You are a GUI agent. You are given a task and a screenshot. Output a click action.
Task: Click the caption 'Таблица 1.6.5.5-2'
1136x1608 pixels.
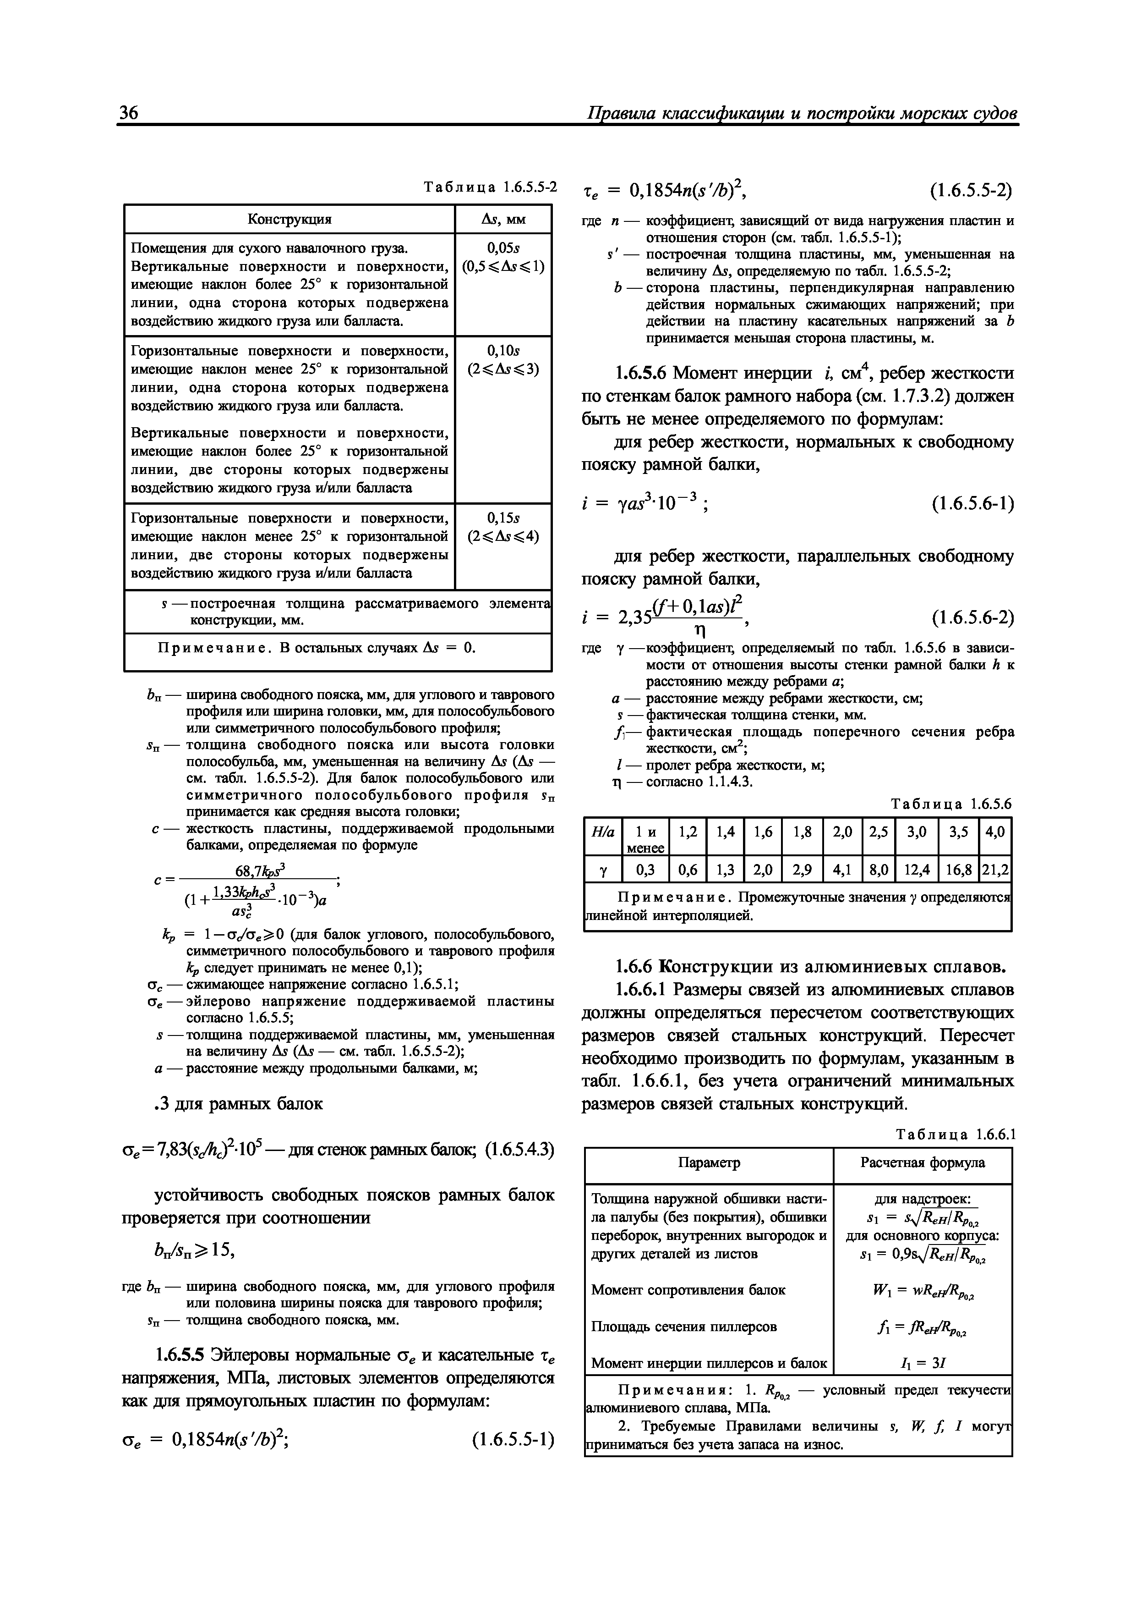[491, 187]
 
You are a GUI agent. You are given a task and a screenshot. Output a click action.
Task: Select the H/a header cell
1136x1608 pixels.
[603, 832]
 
